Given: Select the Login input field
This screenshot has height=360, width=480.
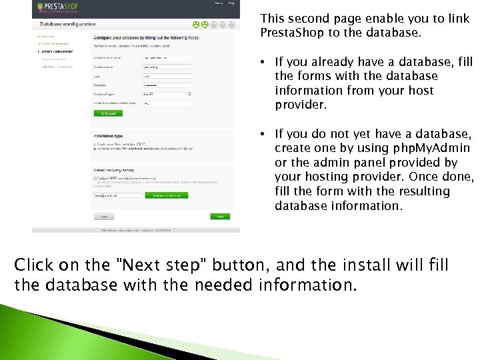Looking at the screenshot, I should click(167, 76).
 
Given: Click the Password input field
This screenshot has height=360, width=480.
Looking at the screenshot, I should click(167, 85).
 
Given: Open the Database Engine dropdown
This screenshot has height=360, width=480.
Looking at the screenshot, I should click(167, 94).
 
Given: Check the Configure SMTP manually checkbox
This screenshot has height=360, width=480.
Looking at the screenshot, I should click(95, 179).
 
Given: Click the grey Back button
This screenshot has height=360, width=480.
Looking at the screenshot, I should click(104, 217).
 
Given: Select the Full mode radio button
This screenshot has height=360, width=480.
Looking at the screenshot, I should click(95, 148).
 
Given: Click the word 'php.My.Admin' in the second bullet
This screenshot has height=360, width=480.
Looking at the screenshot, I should click(431, 148).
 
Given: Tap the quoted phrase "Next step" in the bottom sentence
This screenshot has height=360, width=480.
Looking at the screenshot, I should click(159, 265).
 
